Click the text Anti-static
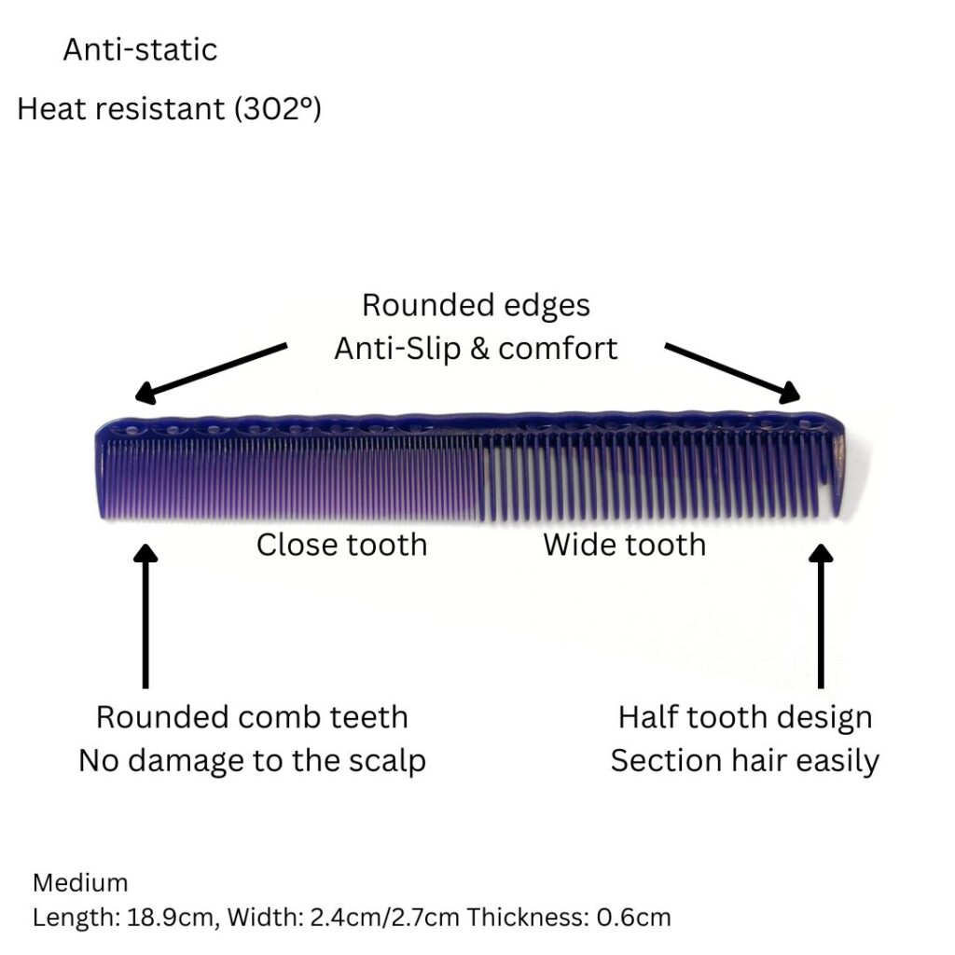(140, 49)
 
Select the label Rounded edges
(476, 305)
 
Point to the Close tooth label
(341, 544)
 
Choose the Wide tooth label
(624, 544)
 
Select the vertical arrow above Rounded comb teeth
(145, 616)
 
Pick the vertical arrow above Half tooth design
(821, 616)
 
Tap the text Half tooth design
(744, 717)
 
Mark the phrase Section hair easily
(744, 760)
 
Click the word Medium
(80, 882)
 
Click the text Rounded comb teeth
(252, 717)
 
